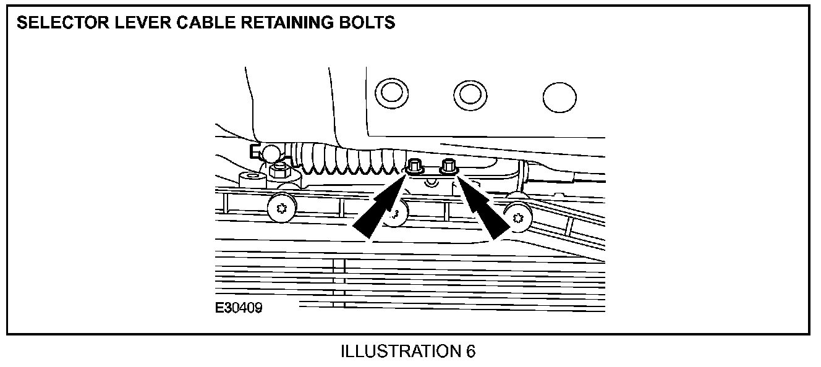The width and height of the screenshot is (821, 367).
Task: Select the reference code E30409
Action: click(239, 306)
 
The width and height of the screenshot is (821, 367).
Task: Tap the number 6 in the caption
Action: click(471, 352)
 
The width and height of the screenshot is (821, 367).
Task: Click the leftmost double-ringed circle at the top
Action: click(391, 93)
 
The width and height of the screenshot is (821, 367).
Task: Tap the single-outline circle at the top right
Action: click(559, 97)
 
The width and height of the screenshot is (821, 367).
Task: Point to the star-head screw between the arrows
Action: click(396, 214)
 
